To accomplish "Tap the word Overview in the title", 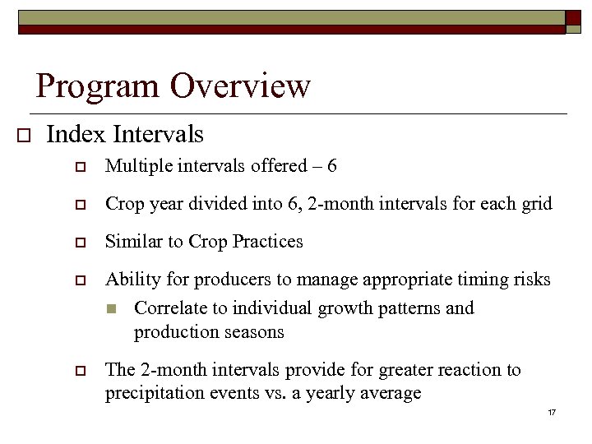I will click(241, 86).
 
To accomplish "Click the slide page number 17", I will click(551, 411).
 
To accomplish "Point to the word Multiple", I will click(136, 166).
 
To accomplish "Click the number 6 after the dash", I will click(331, 166).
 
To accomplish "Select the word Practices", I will click(268, 242).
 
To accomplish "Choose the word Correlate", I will click(169, 308).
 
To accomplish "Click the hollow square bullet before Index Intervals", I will click(23, 135).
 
